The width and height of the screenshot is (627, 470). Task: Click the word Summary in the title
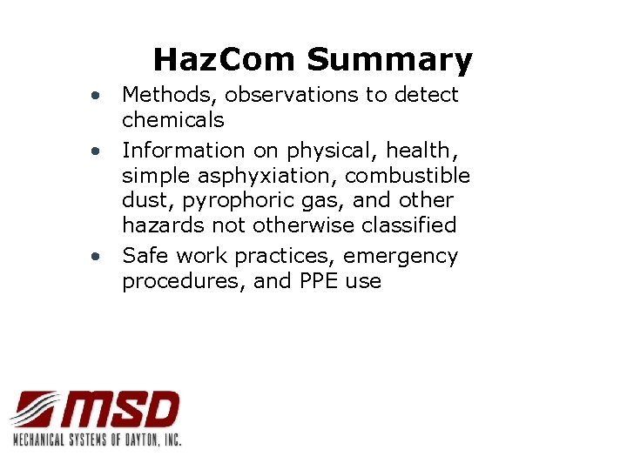(388, 60)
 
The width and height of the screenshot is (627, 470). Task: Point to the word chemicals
(172, 119)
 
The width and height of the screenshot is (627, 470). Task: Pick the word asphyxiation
(269, 176)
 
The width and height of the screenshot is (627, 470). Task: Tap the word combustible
(408, 176)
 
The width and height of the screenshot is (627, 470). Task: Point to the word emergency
(401, 256)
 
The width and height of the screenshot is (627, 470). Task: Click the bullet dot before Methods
(102, 94)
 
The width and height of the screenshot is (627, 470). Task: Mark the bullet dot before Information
(102, 151)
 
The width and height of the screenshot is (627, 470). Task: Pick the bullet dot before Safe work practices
(102, 256)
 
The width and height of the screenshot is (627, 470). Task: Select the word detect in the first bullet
(426, 94)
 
